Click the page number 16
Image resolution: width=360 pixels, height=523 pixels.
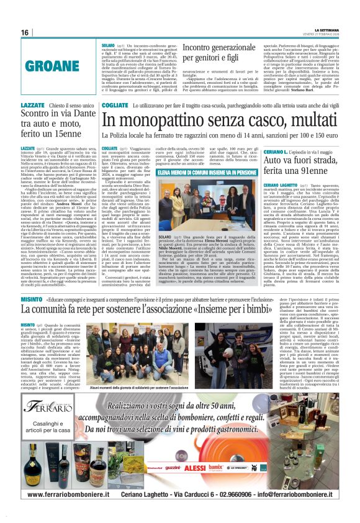(x=25, y=32)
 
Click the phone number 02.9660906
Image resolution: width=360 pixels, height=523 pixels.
(x=244, y=494)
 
